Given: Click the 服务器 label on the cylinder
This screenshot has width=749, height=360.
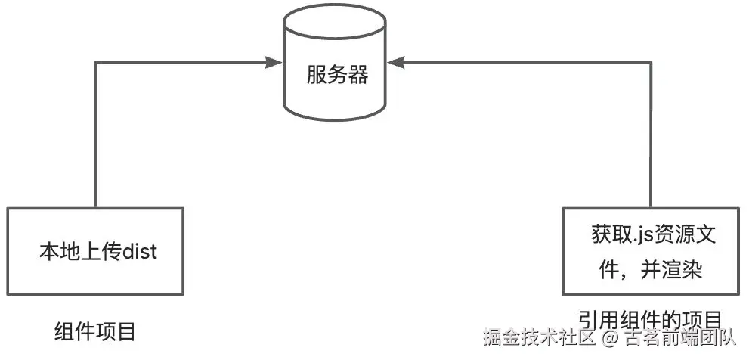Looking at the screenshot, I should coord(337,75).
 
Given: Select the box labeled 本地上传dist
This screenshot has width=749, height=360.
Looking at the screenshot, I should coord(96,250).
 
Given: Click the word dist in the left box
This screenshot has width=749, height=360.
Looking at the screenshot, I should coord(140,251).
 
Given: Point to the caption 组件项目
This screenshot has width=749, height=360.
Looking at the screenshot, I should coord(95,331).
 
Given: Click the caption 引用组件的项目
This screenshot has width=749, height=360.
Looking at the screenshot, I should coord(650,318).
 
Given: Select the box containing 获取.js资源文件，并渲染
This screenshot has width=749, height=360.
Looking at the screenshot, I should coord(650,250).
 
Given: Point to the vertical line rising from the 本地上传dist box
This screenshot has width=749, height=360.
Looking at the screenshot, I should coord(96,136).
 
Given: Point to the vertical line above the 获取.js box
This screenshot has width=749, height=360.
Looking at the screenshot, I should coord(650,136).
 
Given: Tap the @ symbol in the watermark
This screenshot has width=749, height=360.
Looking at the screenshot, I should coord(609,337).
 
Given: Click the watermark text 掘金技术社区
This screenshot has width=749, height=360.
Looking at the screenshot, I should coord(540,337).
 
